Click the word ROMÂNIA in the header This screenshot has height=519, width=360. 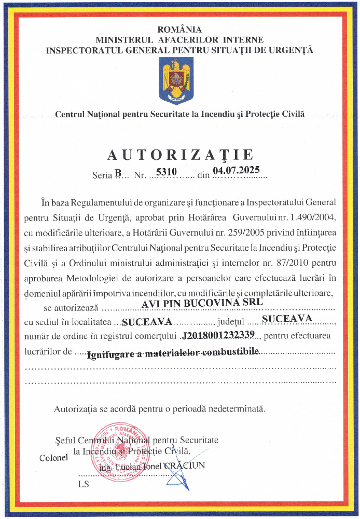pyautogui.click(x=179, y=30)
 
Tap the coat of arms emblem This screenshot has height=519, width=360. pyautogui.click(x=179, y=80)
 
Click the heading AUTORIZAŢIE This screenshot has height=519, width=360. pyautogui.click(x=180, y=155)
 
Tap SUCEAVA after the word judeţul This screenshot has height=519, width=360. pyautogui.click(x=287, y=318)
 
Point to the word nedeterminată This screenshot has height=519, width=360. pyautogui.click(x=236, y=409)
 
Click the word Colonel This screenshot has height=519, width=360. pyautogui.click(x=53, y=458)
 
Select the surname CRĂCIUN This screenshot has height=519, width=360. pyautogui.click(x=184, y=465)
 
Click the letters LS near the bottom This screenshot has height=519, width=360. pyautogui.click(x=84, y=484)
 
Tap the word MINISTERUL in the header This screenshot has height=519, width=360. pyautogui.click(x=124, y=39)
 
